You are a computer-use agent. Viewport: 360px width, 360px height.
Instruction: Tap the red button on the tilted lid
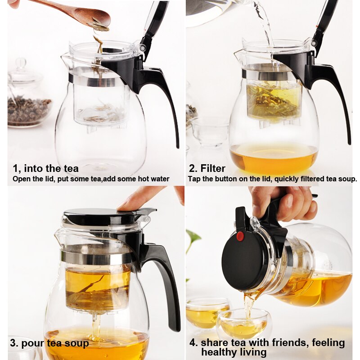click(x=240, y=236)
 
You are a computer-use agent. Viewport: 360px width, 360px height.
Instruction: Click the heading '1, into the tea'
click(x=45, y=168)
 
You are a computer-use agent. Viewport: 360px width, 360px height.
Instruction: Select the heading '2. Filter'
click(x=207, y=168)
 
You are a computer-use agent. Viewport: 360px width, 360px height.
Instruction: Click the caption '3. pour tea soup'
click(x=49, y=343)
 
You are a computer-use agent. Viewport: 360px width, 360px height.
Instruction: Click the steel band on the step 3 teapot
click(x=97, y=257)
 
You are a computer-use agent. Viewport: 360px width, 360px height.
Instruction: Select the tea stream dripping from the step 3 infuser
click(x=95, y=326)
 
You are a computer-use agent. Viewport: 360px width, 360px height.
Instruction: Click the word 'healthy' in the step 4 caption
click(x=220, y=352)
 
